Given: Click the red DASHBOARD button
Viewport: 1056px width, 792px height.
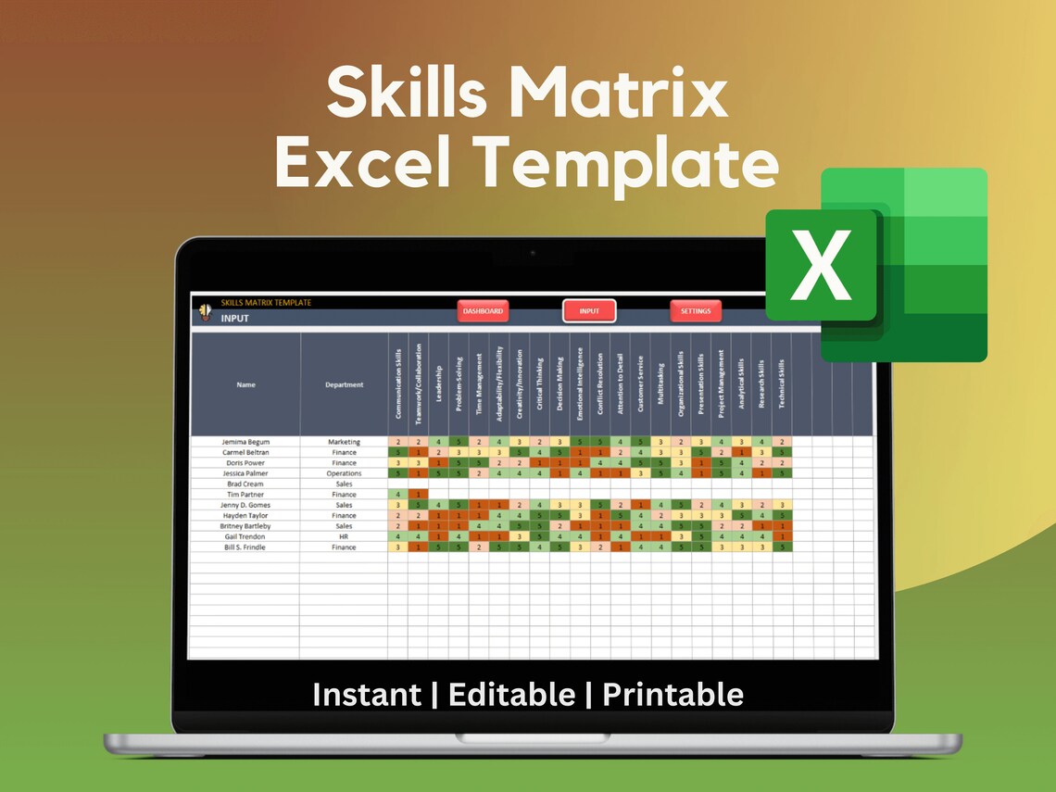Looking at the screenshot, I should pos(483,311).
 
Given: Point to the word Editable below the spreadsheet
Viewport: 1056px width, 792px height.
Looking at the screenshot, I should pos(511,694).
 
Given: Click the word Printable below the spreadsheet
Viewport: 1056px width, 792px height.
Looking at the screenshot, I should pos(673,694).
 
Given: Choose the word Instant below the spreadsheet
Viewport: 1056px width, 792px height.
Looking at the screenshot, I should pos(365,694).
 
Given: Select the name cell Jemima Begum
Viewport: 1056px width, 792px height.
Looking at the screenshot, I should pos(245,442).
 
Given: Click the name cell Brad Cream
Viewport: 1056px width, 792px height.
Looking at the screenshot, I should pos(245,484).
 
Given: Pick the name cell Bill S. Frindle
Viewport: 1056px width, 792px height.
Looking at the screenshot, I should pos(245,547).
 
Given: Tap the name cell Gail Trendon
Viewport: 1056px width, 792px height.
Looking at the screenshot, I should pos(245,536).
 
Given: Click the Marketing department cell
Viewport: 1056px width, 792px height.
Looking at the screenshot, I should pos(344,442).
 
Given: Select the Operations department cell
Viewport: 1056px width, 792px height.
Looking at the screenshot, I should pos(344,473).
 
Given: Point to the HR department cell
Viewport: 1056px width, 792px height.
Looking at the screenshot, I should pos(344,536).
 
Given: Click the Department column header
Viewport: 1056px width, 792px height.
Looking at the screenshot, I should pos(344,384).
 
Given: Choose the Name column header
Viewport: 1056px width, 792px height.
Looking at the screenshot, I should pos(245,384).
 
